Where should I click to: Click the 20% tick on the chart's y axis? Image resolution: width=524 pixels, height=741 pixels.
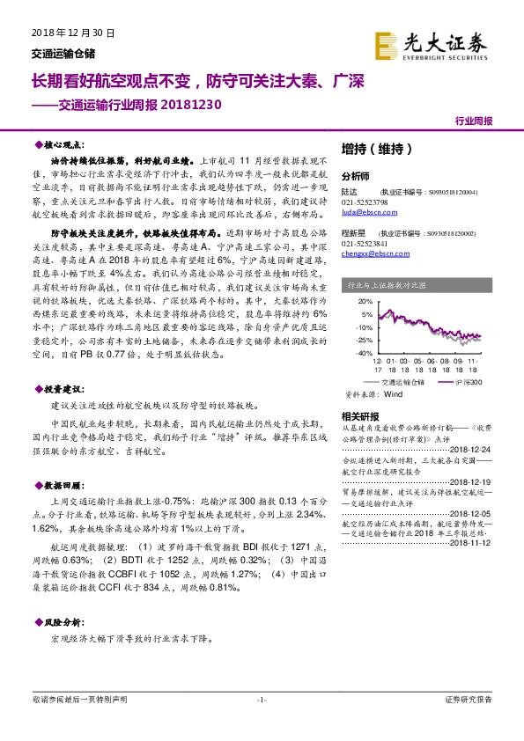tap(363, 300)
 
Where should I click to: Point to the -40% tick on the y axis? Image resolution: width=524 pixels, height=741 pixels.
tap(361, 352)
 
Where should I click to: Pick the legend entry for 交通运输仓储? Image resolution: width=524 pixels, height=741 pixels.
tap(402, 383)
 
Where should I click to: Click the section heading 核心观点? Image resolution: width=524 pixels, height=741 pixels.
tap(62, 143)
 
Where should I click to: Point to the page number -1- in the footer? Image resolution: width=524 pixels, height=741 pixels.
tap(262, 701)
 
